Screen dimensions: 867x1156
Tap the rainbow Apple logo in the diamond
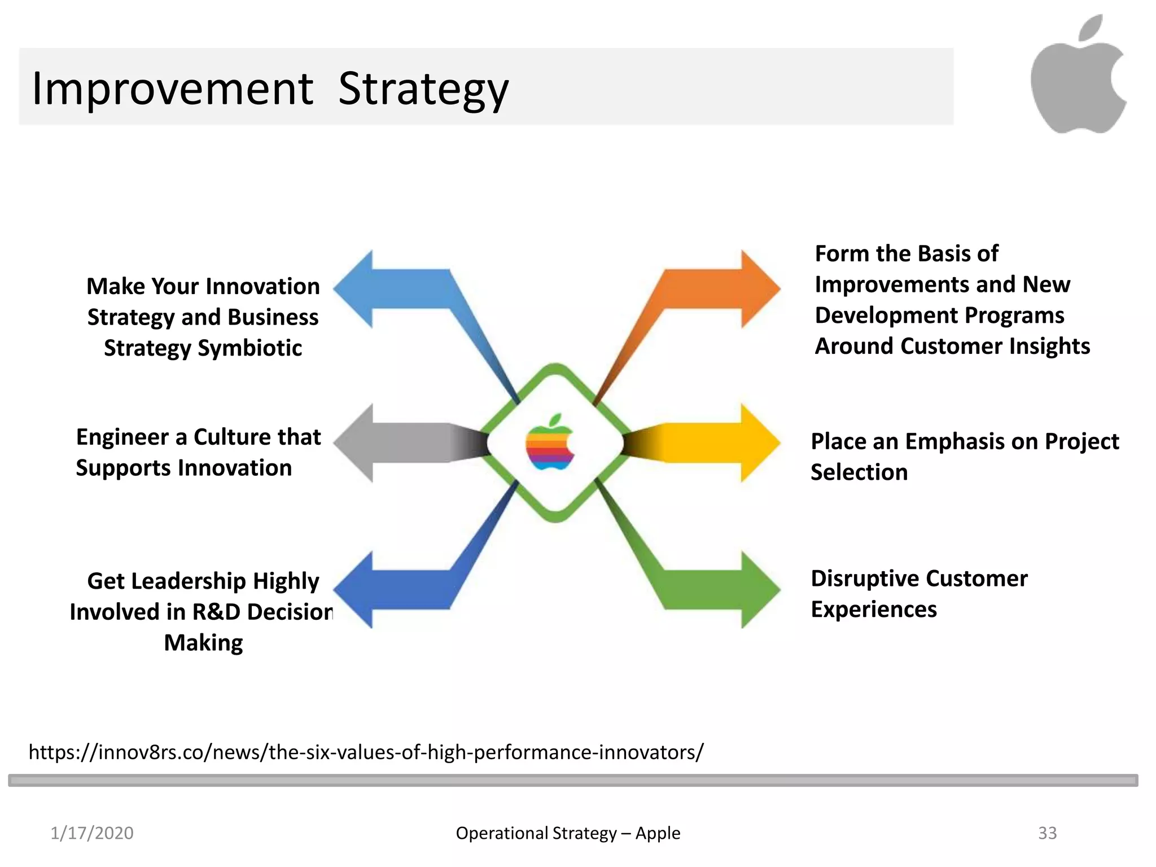click(550, 443)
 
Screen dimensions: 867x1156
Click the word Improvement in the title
click(172, 89)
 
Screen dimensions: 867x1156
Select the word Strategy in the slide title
click(423, 89)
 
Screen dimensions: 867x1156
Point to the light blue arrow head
click(356, 288)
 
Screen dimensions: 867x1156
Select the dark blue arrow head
click(356, 590)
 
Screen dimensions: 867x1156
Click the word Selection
click(859, 472)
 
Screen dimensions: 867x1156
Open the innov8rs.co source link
click(366, 752)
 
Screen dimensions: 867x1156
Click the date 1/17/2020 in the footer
click(91, 833)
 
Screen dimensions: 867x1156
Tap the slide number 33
click(1047, 833)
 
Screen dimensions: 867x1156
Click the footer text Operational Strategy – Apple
click(567, 833)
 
